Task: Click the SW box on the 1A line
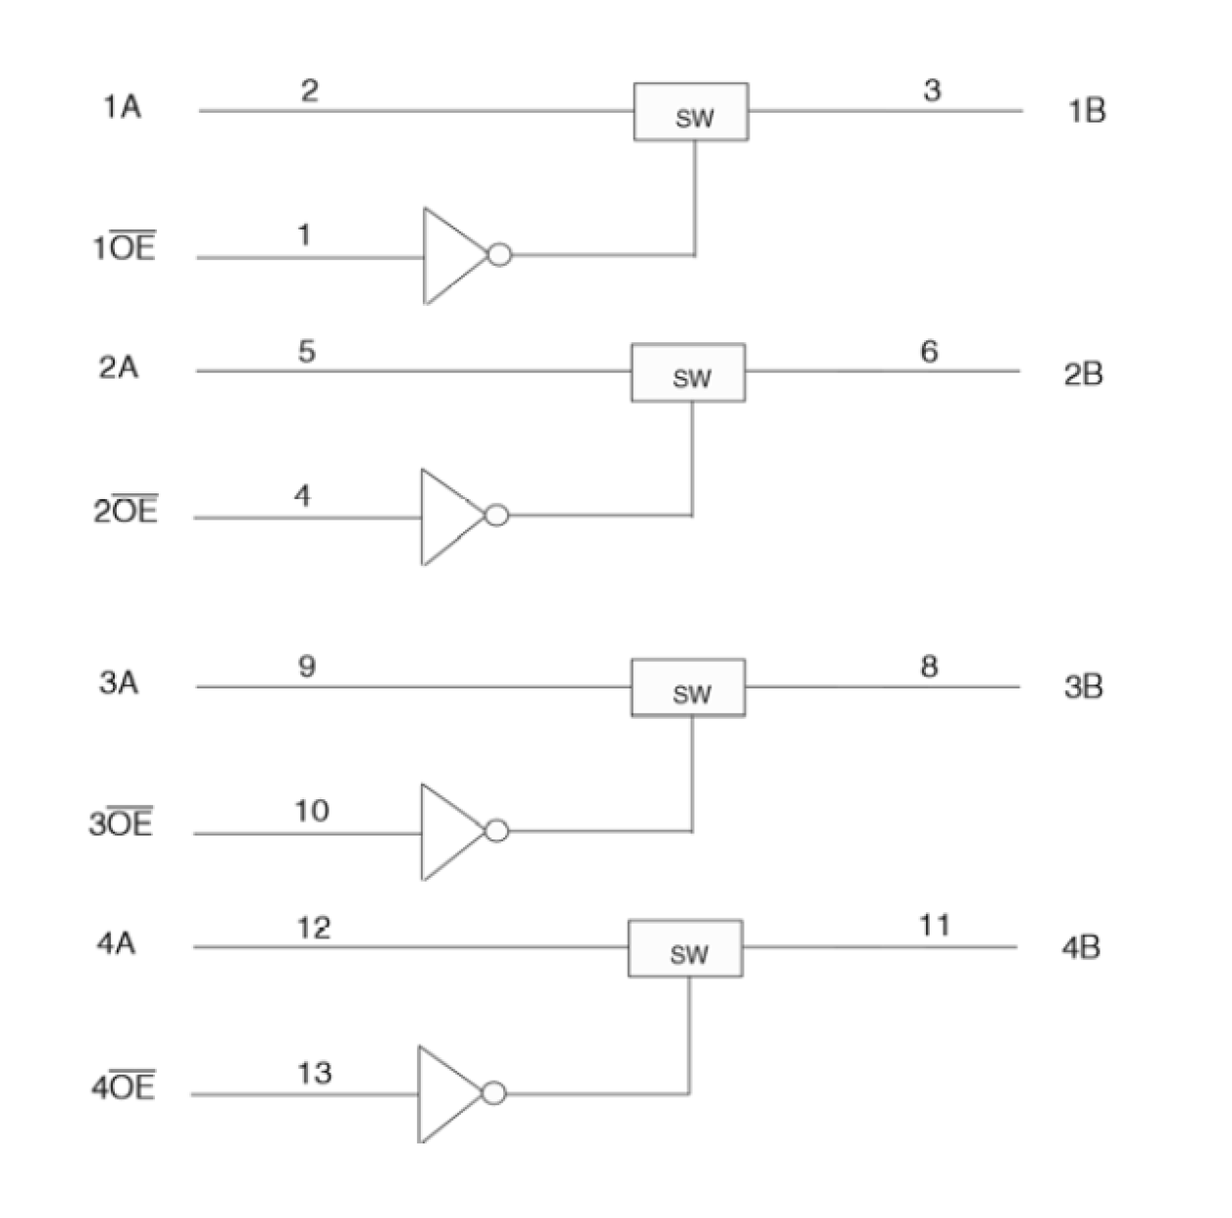click(x=691, y=112)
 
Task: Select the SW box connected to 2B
click(x=688, y=373)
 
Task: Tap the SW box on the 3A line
click(x=688, y=687)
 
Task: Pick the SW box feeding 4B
click(x=685, y=948)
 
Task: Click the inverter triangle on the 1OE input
click(x=451, y=256)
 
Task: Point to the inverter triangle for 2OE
click(x=449, y=517)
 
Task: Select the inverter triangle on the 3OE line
click(x=449, y=832)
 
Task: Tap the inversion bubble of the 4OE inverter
click(x=494, y=1092)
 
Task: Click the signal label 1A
click(x=122, y=107)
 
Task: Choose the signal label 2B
click(x=1083, y=375)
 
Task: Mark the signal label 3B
click(x=1083, y=687)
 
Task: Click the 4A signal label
click(x=116, y=943)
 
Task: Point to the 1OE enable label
click(x=125, y=247)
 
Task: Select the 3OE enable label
click(x=122, y=822)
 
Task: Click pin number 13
click(x=314, y=1073)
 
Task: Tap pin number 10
click(x=312, y=811)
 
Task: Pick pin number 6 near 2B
click(x=929, y=351)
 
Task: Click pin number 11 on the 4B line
click(x=934, y=925)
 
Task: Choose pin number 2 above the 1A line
click(x=309, y=91)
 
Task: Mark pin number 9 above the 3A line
click(x=307, y=667)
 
